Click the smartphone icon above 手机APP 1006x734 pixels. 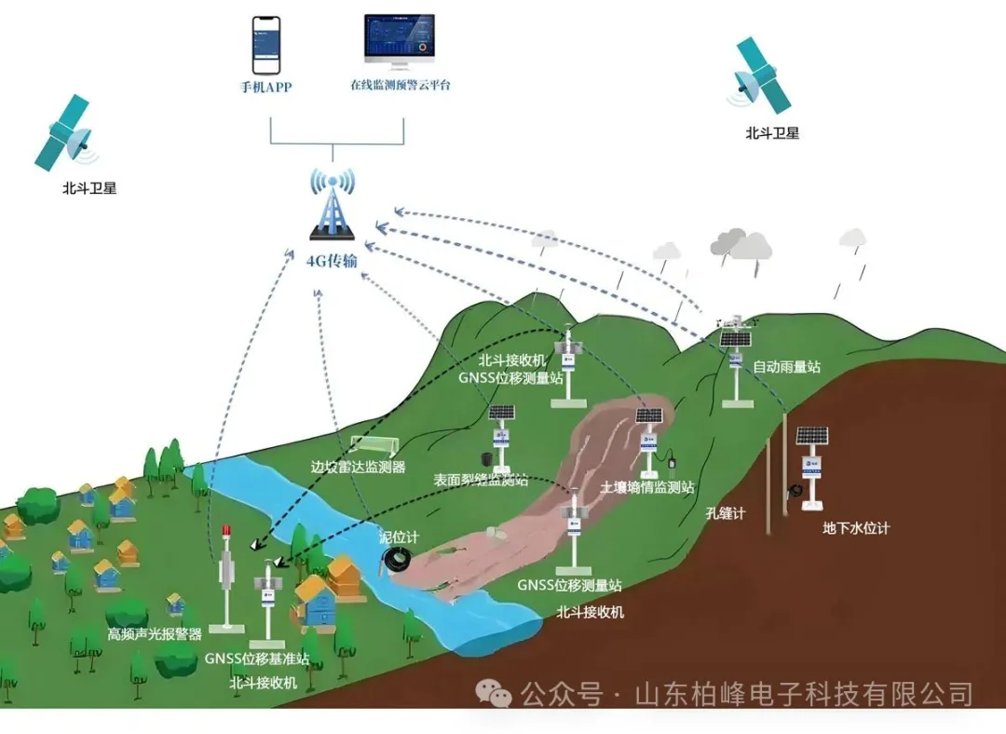tap(266, 45)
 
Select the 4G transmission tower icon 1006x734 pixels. tap(332, 205)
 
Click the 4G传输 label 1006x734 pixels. tap(332, 261)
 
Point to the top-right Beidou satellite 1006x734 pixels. tap(763, 76)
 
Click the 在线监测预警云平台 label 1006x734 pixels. tap(401, 85)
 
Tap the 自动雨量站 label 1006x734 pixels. tap(786, 367)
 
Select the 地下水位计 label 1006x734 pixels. tap(856, 528)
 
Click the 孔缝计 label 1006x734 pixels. tap(727, 513)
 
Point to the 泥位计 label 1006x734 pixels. tap(399, 537)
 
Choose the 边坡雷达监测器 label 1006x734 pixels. tap(359, 468)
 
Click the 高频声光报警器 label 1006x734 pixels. tap(155, 634)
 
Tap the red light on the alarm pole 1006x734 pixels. tap(225, 533)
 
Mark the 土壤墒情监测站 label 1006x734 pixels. tap(647, 486)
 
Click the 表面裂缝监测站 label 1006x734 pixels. tap(481, 481)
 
